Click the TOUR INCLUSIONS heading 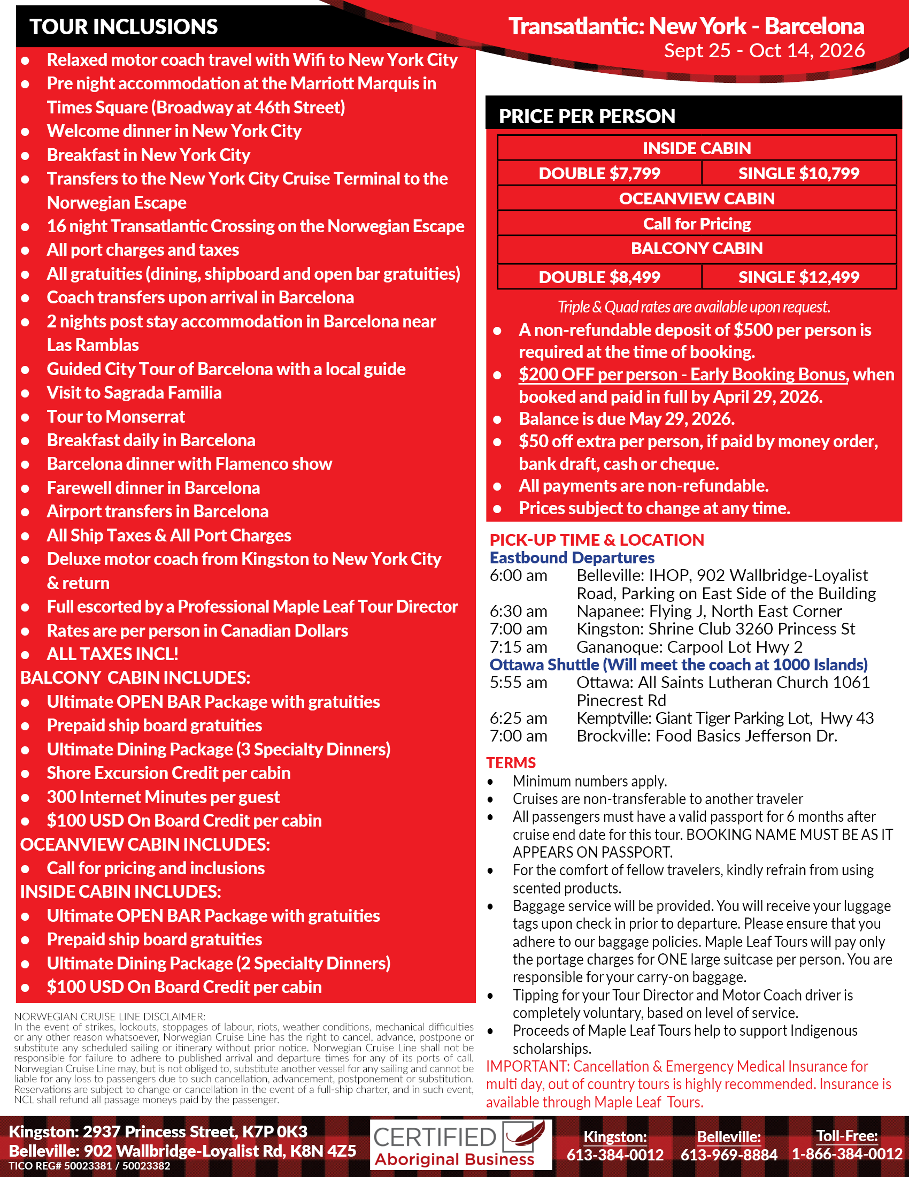pyautogui.click(x=124, y=26)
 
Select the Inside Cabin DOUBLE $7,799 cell pyautogui.click(x=599, y=173)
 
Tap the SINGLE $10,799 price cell pyautogui.click(x=799, y=173)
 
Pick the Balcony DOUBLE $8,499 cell pyautogui.click(x=599, y=277)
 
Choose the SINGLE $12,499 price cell pyautogui.click(x=799, y=277)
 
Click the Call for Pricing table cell pyautogui.click(x=697, y=224)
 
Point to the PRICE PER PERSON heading pyautogui.click(x=587, y=117)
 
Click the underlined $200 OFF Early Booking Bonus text pyautogui.click(x=682, y=374)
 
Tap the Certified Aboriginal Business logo pyautogui.click(x=461, y=1145)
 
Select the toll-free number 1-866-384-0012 pyautogui.click(x=846, y=1155)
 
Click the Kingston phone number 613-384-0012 pyautogui.click(x=615, y=1155)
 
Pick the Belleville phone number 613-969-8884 pyautogui.click(x=729, y=1155)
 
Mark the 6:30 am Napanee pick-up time pyautogui.click(x=518, y=611)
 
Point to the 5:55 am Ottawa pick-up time pyautogui.click(x=518, y=682)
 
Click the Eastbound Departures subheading pyautogui.click(x=572, y=557)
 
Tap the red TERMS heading pyautogui.click(x=511, y=762)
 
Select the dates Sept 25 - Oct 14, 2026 pyautogui.click(x=764, y=50)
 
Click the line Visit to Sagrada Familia pyautogui.click(x=134, y=392)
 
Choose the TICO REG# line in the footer pyautogui.click(x=89, y=1166)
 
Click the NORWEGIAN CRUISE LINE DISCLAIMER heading pyautogui.click(x=109, y=1017)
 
